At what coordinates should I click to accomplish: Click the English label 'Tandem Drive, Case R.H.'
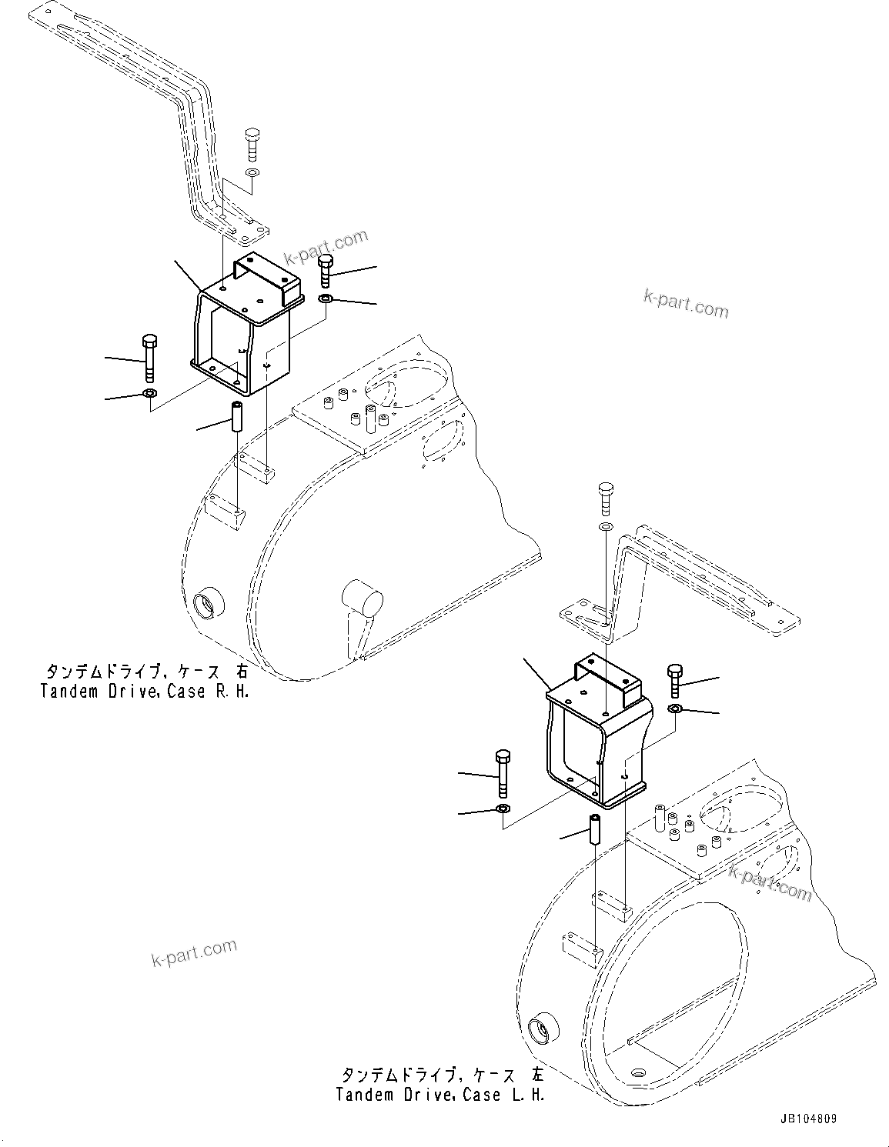coord(145,691)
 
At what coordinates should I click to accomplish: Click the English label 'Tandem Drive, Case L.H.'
coord(440,1094)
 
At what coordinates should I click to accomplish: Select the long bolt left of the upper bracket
coord(149,357)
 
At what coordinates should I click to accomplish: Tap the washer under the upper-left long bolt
coord(149,395)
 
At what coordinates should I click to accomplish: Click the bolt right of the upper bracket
coord(325,270)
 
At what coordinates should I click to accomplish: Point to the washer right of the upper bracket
coord(325,298)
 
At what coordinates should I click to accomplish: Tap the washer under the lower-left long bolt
coord(503,809)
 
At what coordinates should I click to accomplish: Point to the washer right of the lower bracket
coord(675,708)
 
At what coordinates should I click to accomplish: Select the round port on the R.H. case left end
coord(207,602)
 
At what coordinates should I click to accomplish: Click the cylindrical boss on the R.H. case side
coord(363,597)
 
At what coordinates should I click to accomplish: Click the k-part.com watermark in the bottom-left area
coord(194,954)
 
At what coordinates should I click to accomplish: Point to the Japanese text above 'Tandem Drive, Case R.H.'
coord(145,670)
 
